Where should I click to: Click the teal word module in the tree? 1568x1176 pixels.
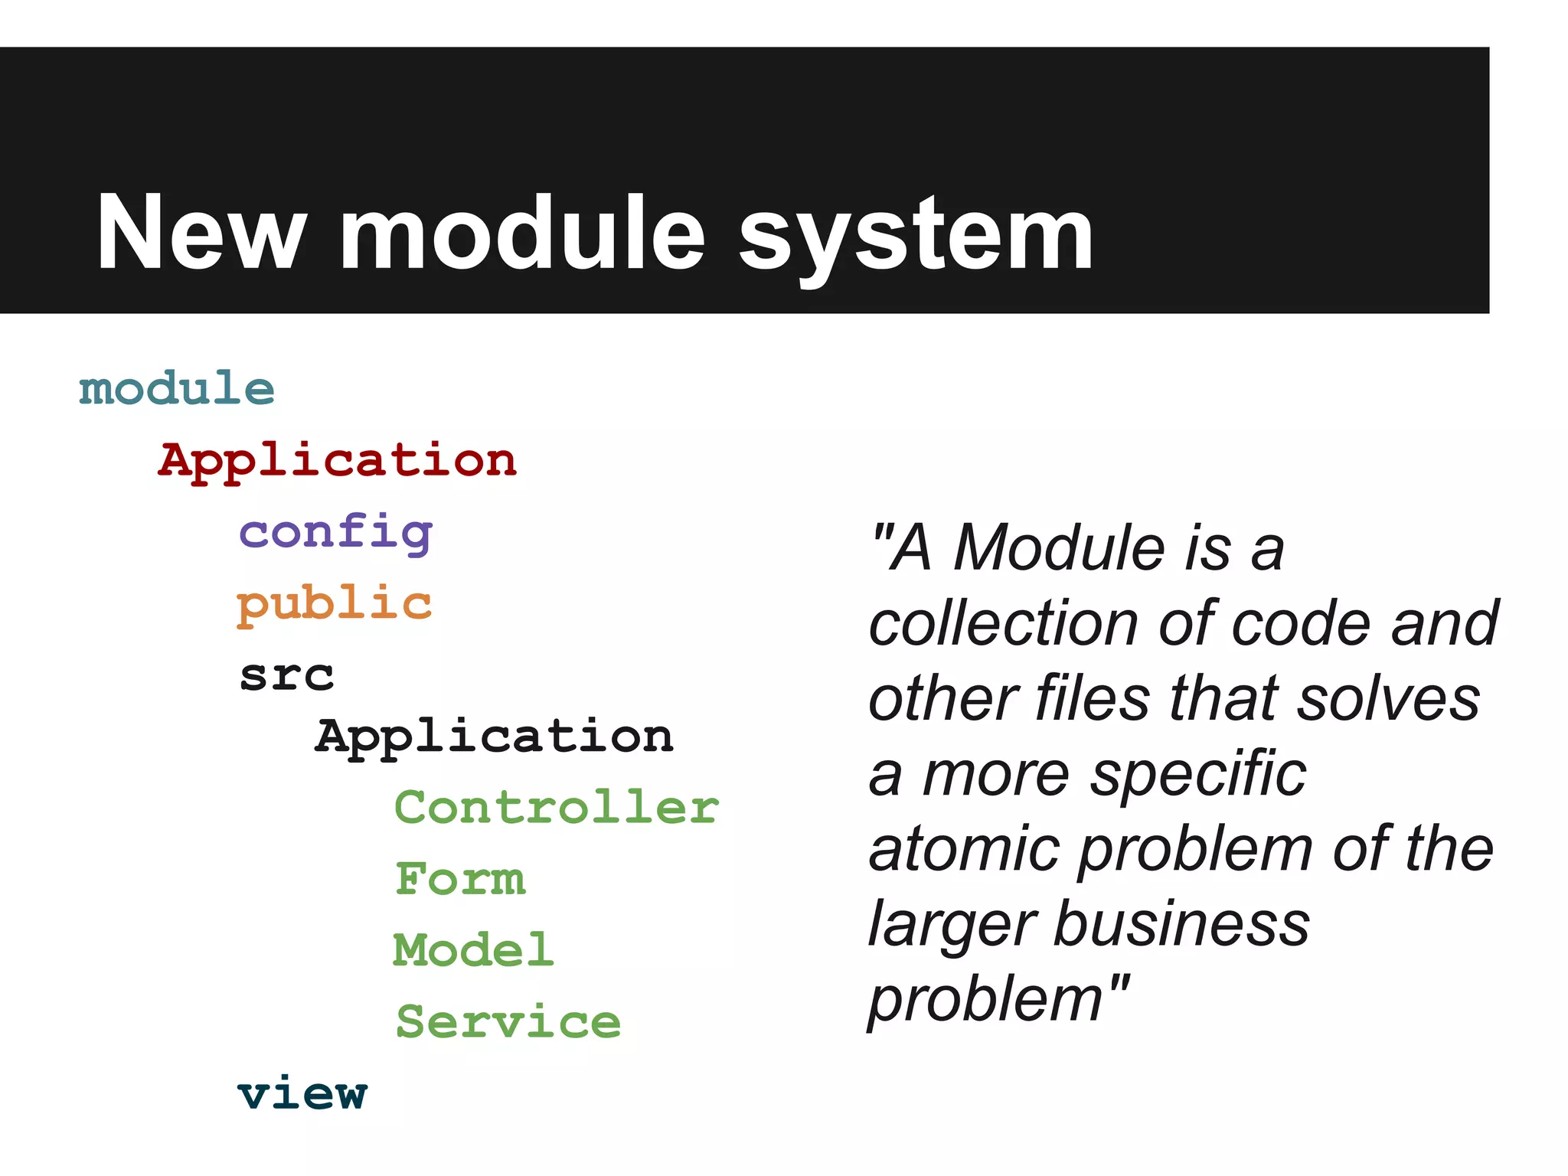(x=177, y=388)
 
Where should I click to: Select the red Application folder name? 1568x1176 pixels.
(x=338, y=460)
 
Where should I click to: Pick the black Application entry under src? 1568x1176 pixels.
(x=495, y=737)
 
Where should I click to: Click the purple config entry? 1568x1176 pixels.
(x=336, y=532)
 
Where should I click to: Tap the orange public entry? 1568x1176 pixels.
(x=335, y=604)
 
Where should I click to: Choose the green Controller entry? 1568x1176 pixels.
(x=557, y=808)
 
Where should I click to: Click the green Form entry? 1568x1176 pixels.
(x=461, y=879)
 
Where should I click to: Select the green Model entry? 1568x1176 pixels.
(x=473, y=950)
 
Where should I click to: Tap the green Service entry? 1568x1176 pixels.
(x=508, y=1022)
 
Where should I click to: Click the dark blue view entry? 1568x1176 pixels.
(x=303, y=1093)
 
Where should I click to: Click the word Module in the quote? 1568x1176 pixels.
(x=1060, y=547)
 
